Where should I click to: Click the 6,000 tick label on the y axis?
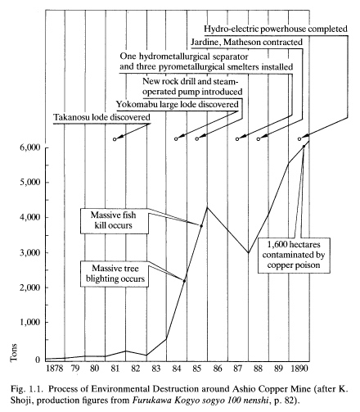point(30,147)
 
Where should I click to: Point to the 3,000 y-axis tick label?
point(30,252)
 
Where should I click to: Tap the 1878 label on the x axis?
point(55,369)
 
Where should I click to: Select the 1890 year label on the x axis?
point(299,369)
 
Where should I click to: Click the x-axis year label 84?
point(177,369)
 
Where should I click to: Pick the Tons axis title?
point(14,352)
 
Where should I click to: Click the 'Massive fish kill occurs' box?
point(115,221)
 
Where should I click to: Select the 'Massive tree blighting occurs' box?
point(115,274)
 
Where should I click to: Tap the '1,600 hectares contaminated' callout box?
point(294,256)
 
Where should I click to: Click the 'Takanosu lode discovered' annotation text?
point(101,117)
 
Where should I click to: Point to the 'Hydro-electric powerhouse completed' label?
point(276,29)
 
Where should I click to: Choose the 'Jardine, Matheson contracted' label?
point(246,43)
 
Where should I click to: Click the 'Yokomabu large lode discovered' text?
point(178,104)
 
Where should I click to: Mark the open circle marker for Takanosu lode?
point(115,139)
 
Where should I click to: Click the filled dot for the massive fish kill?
point(201,226)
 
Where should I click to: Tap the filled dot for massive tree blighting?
point(184,281)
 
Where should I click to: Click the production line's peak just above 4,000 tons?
point(207,207)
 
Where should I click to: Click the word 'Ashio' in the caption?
point(242,389)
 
